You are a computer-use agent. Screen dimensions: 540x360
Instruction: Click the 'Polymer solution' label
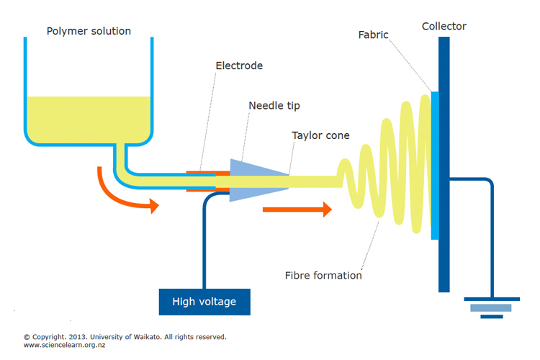(x=89, y=32)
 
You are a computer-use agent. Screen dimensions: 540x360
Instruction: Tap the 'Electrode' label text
(x=239, y=66)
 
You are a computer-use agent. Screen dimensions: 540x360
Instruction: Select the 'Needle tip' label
(x=274, y=106)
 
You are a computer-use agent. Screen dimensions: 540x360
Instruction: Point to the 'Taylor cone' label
(x=320, y=135)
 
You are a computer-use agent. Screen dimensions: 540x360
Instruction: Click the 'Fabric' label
(x=373, y=35)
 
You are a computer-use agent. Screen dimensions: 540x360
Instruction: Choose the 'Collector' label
(x=444, y=26)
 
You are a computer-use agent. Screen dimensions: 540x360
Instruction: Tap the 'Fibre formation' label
(x=323, y=275)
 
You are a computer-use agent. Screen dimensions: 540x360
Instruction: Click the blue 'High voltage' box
(x=204, y=302)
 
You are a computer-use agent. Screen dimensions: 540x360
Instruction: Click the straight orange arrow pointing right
(x=297, y=210)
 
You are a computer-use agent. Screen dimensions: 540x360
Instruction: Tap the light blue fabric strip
(x=435, y=166)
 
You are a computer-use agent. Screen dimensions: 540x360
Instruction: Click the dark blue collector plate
(x=444, y=164)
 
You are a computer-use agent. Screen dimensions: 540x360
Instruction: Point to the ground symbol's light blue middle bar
(x=491, y=307)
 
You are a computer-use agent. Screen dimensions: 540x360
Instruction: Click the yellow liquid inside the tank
(x=89, y=119)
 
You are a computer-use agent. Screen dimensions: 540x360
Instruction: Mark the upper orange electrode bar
(x=208, y=172)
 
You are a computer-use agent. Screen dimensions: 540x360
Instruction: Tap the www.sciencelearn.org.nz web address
(x=64, y=345)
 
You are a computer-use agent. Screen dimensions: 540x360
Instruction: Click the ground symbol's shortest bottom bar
(x=492, y=317)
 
